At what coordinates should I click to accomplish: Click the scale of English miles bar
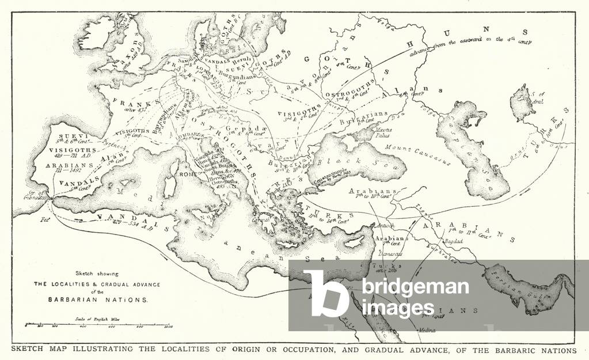(x=98, y=325)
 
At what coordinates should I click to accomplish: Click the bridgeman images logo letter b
(x=325, y=294)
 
